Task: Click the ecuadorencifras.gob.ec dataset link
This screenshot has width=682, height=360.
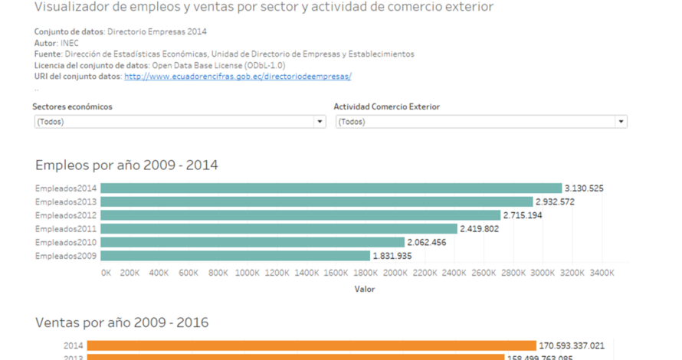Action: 238,77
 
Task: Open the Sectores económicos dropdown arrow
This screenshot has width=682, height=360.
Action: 320,122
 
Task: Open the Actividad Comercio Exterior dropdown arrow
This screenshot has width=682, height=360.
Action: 621,122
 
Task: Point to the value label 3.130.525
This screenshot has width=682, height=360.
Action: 584,188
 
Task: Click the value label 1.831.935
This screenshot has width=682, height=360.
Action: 392,256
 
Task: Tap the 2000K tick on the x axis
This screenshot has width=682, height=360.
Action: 395,272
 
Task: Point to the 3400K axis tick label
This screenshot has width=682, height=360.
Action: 602,272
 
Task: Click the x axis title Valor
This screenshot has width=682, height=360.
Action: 365,290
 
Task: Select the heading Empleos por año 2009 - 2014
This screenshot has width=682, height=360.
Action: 126,165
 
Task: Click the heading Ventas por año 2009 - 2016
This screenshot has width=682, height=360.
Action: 122,322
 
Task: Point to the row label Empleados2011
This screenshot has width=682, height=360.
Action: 66,228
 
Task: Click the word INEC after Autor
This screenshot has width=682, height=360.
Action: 69,43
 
